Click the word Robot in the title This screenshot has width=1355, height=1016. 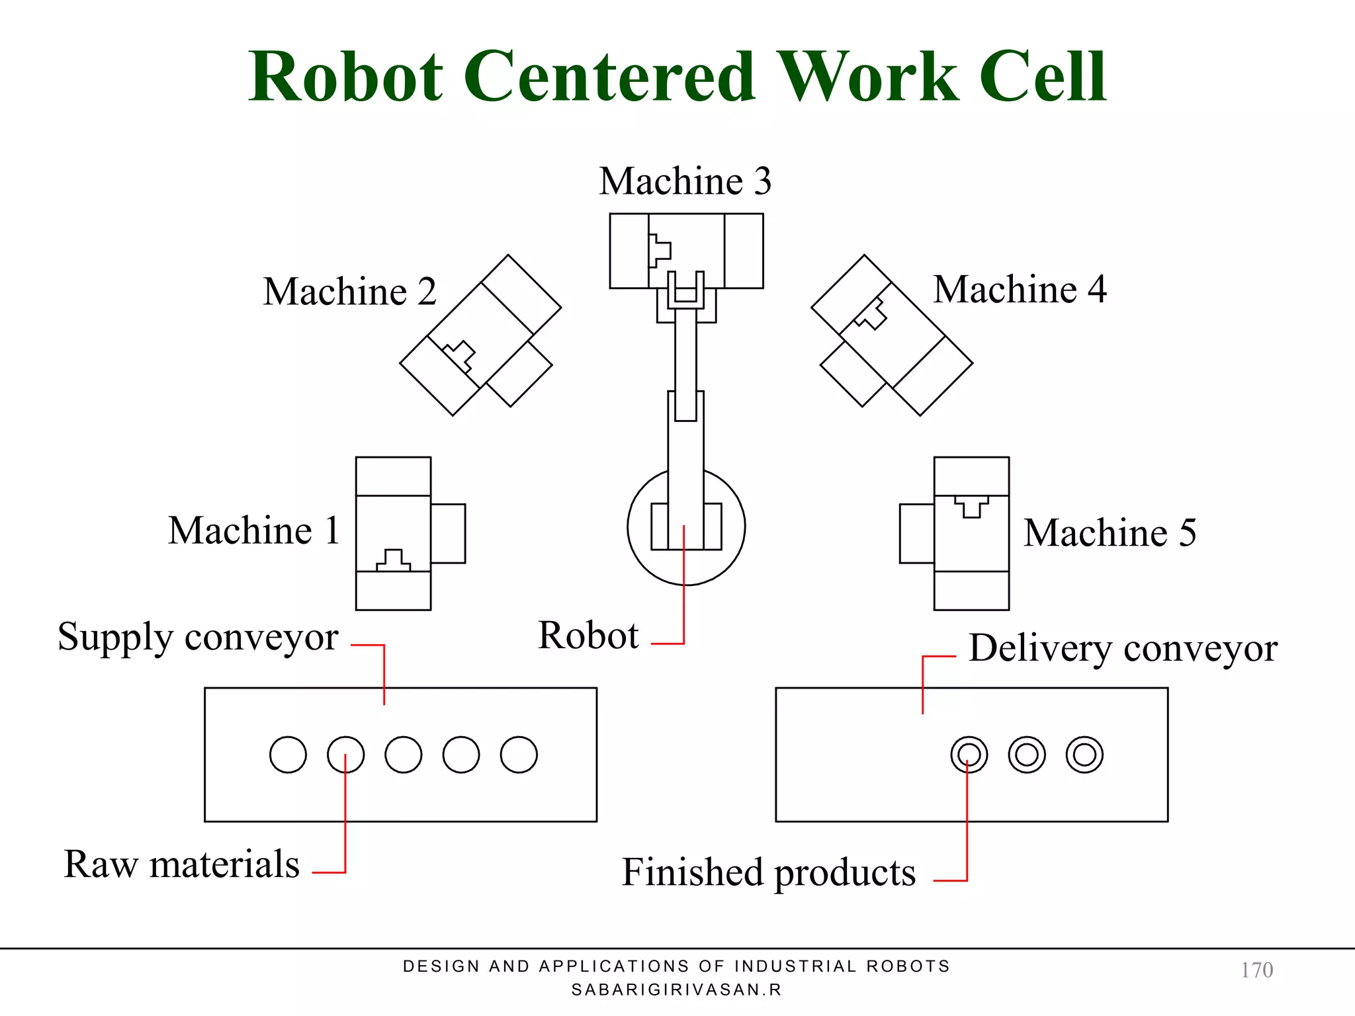coord(345,77)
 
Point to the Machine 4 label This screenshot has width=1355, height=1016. coord(1020,289)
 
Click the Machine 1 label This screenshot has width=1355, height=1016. coord(254,530)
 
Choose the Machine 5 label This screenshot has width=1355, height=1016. coord(1110,532)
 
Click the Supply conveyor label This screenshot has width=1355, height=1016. coord(198,637)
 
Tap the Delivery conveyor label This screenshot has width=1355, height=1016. coord(1123,648)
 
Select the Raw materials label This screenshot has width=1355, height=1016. coord(182,864)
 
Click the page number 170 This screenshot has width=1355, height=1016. coord(1256,970)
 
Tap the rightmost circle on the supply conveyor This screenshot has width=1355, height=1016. coord(519,755)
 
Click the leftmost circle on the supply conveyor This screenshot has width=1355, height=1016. coord(288,755)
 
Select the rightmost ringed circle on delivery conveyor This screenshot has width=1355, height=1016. coord(1084,755)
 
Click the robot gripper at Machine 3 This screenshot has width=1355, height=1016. coord(685,291)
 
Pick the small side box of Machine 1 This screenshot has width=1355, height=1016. coord(448,533)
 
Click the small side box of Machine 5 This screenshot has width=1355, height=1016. coord(916,533)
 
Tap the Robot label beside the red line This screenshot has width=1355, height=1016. coord(588,636)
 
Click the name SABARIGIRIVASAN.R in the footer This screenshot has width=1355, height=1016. coord(676,990)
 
